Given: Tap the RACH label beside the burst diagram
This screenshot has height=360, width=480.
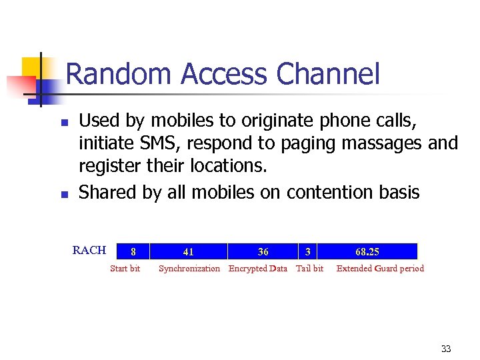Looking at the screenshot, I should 89,251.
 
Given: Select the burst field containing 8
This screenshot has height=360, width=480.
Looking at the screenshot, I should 133,251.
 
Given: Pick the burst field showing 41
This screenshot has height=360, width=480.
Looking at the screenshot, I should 189,251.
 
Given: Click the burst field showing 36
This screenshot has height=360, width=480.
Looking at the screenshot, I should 263,251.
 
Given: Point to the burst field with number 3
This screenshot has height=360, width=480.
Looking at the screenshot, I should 307,251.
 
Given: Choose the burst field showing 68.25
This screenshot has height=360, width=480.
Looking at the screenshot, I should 367,251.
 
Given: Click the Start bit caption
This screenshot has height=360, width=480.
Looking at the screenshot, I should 125,269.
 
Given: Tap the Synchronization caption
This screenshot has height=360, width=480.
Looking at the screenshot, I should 189,269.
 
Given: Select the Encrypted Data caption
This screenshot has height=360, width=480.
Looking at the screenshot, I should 258,269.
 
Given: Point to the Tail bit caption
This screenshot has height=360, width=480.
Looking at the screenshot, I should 309,269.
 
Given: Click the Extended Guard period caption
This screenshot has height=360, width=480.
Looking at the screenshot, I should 380,269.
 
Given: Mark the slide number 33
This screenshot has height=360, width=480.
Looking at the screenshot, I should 446,349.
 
